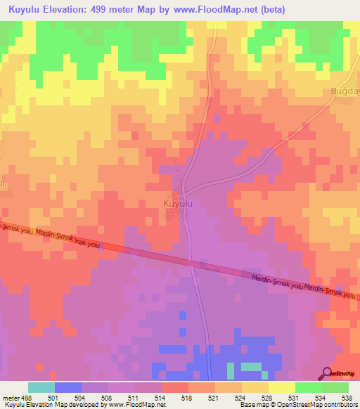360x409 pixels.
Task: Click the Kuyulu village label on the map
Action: click(177, 203)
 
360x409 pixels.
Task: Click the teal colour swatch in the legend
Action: click(41, 387)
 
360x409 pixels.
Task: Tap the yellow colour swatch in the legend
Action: click(281, 387)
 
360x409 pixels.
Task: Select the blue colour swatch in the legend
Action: click(67, 387)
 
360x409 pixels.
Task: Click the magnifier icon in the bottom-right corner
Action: click(328, 373)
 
